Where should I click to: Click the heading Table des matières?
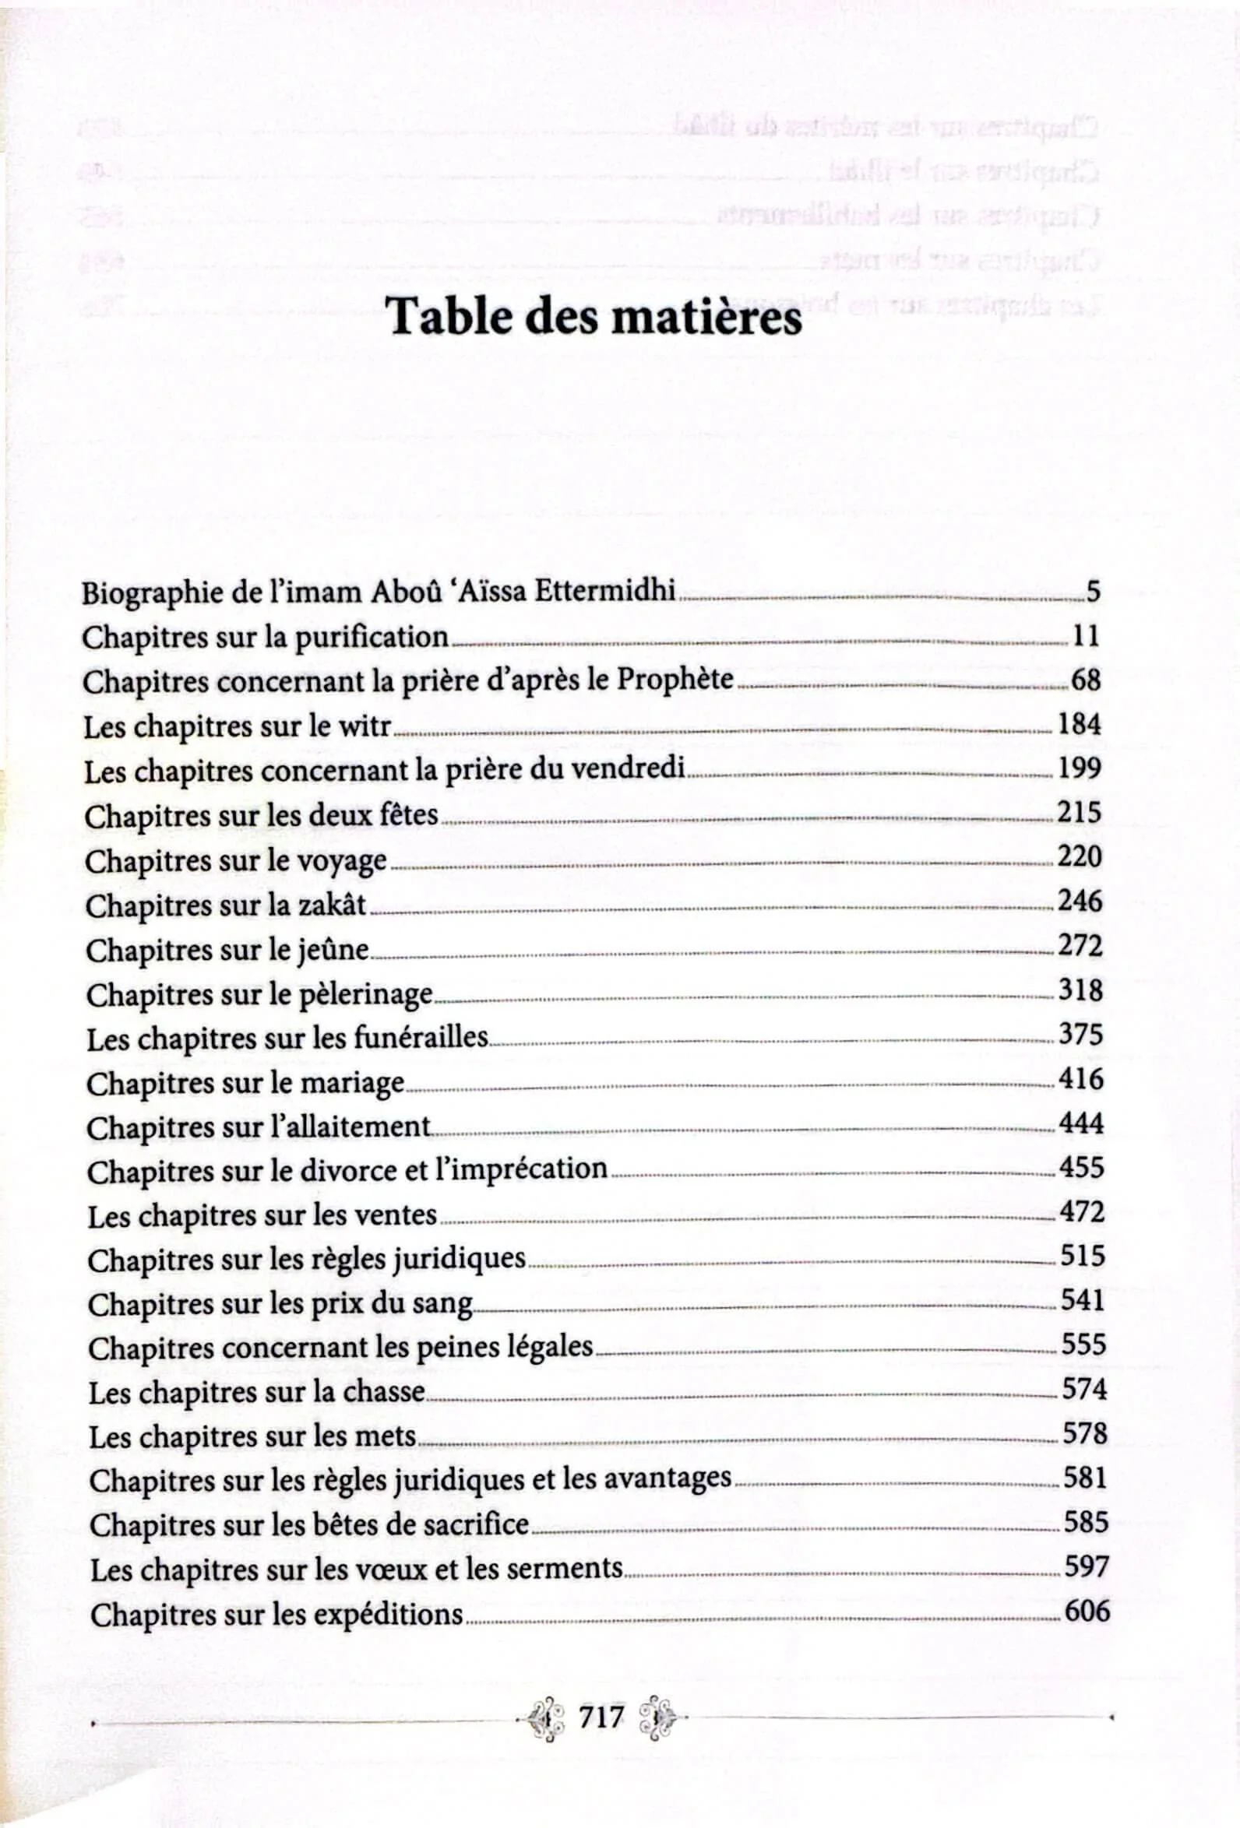[x=596, y=317]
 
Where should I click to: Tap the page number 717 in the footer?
[x=601, y=1718]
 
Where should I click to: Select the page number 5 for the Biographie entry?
[x=1093, y=592]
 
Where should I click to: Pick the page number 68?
[x=1086, y=680]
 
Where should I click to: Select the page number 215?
[x=1080, y=812]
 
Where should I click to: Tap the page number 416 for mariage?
[x=1081, y=1078]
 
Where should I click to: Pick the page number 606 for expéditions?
[x=1087, y=1611]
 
